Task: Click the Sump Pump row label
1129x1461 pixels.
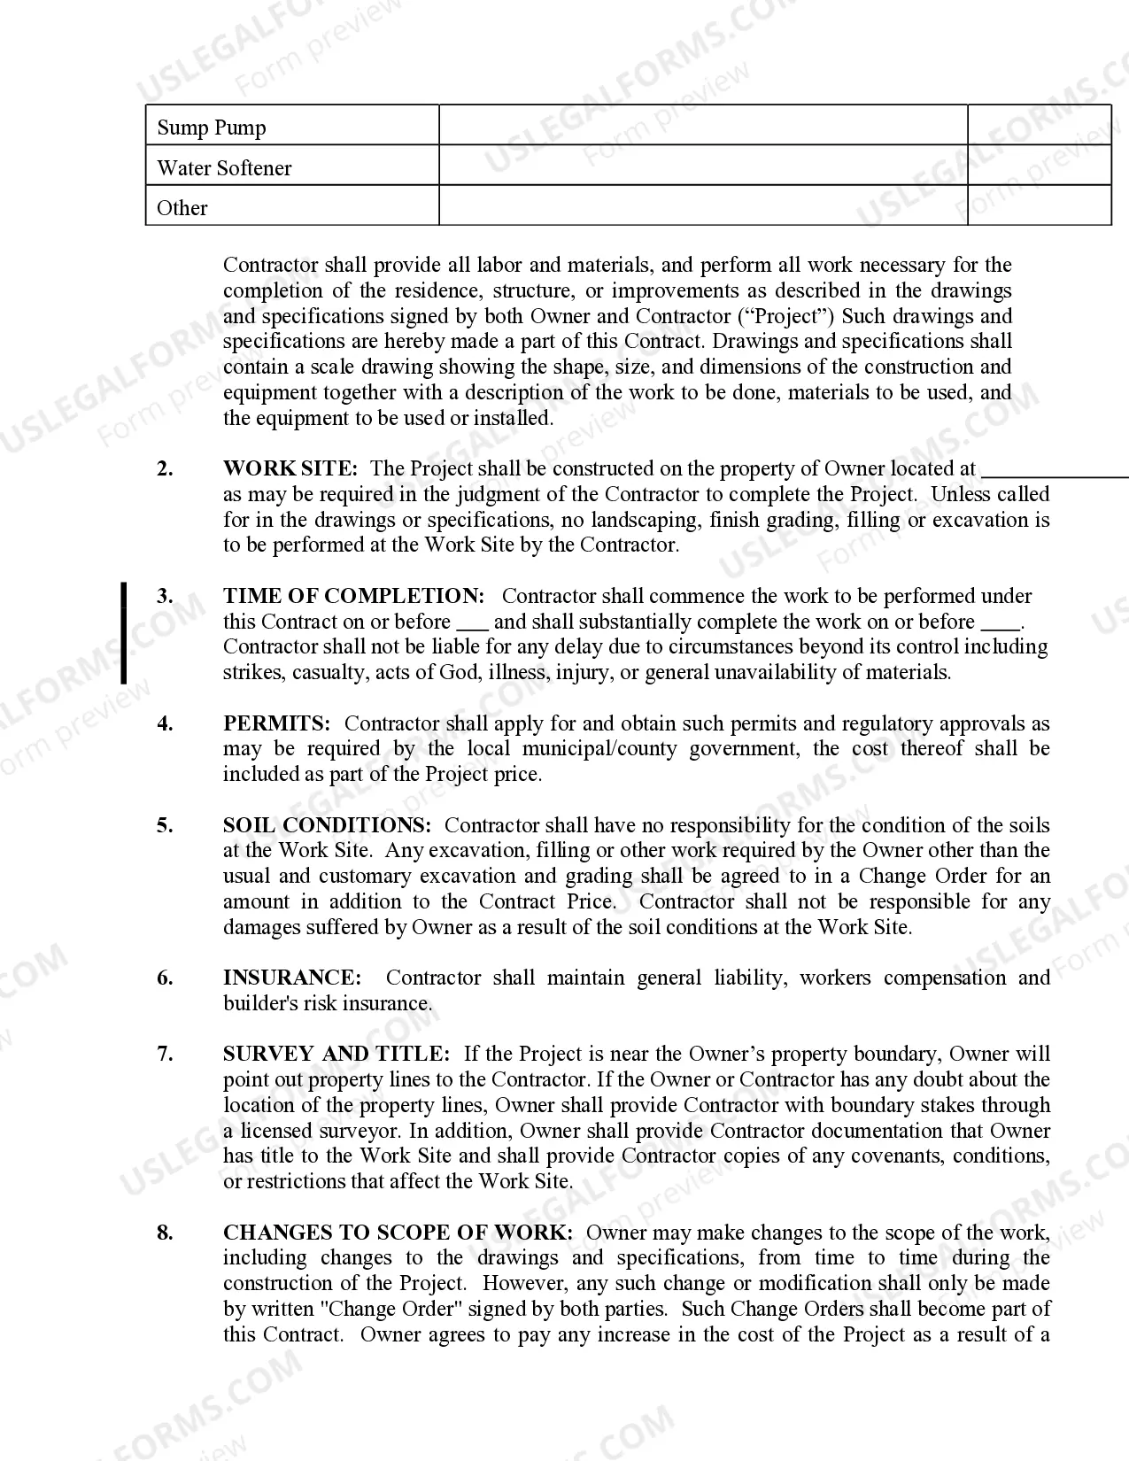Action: [211, 128]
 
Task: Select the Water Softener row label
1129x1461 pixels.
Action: [224, 168]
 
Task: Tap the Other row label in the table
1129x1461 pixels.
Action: [182, 208]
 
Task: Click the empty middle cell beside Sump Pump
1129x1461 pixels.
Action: [702, 126]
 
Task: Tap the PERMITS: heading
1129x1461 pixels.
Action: [276, 723]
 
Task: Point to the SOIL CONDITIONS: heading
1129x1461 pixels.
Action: [327, 825]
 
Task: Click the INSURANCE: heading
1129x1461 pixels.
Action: [292, 978]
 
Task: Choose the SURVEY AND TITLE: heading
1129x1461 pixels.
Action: [336, 1054]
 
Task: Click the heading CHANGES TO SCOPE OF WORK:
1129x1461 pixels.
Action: [398, 1233]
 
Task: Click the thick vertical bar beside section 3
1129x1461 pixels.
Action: [124, 633]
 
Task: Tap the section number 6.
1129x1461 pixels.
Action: [165, 978]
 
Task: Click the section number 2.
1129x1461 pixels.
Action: [165, 468]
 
